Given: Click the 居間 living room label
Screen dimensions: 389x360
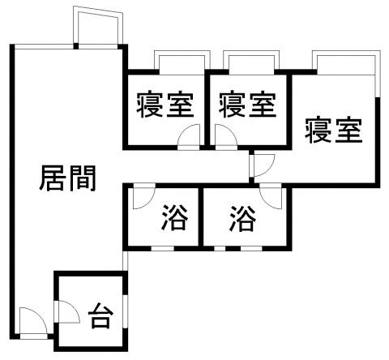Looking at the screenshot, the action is pyautogui.click(x=67, y=178).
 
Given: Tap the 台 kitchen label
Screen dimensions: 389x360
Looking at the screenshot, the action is pyautogui.click(x=100, y=315).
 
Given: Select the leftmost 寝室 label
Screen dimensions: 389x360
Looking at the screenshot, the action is pyautogui.click(x=165, y=105).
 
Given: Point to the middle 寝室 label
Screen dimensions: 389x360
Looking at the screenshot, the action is pyautogui.click(x=247, y=105).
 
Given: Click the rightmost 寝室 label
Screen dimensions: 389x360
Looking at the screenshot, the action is pyautogui.click(x=333, y=130).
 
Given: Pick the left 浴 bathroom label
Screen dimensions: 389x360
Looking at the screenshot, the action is pyautogui.click(x=174, y=217).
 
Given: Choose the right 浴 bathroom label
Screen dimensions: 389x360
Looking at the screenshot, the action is pyautogui.click(x=242, y=218).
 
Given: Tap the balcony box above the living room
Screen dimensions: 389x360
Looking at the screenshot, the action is pyautogui.click(x=98, y=27).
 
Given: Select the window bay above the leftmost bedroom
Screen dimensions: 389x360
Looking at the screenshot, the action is pyautogui.click(x=182, y=62).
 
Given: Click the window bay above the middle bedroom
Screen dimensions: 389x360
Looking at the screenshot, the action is pyautogui.click(x=251, y=62).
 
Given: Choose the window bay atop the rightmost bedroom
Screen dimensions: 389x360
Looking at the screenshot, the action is pyautogui.click(x=347, y=62).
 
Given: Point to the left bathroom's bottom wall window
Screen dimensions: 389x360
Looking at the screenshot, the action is pyautogui.click(x=162, y=248).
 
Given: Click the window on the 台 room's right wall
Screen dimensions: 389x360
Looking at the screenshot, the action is pyautogui.click(x=125, y=311).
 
